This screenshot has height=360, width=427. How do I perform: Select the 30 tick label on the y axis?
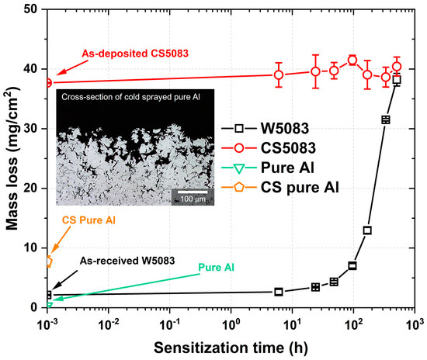pos(33,129)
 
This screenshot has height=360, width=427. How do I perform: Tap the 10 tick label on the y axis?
pos(33,248)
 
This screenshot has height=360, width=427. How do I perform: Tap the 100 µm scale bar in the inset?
pos(189,192)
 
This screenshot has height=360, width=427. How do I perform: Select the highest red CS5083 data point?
pos(352,60)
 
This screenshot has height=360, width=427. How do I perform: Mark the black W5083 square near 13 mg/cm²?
pos(367,230)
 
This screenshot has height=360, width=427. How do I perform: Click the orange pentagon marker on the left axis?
pos(49,261)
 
